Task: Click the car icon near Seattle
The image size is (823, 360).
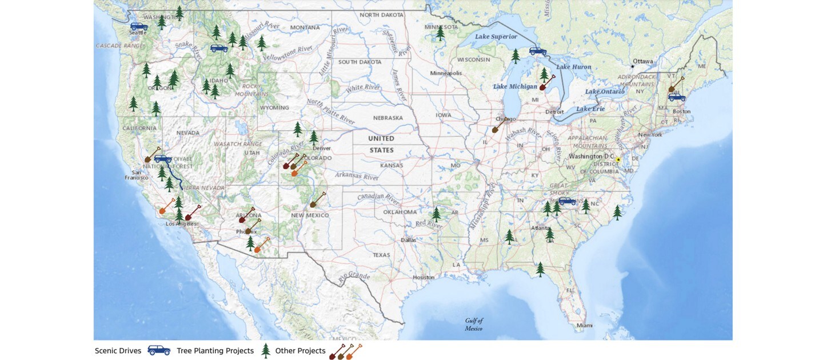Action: click(x=139, y=26)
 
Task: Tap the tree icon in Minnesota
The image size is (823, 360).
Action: click(x=440, y=34)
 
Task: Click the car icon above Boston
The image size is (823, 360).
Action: click(x=677, y=97)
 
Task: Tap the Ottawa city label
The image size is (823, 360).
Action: click(x=642, y=61)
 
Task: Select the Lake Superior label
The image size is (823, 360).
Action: click(x=496, y=37)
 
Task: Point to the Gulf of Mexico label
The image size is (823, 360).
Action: click(x=474, y=325)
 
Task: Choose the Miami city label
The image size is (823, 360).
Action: click(x=585, y=325)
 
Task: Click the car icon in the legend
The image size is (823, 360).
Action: click(x=159, y=350)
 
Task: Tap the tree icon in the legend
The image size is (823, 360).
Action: click(x=265, y=350)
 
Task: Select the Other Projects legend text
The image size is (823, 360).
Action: click(x=300, y=351)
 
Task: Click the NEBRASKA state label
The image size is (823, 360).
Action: click(x=387, y=118)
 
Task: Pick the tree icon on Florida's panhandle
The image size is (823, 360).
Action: click(x=540, y=269)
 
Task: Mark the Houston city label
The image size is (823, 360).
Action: click(x=424, y=277)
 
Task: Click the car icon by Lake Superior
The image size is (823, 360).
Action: click(x=538, y=51)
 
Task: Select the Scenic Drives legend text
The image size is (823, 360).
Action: click(x=118, y=351)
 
